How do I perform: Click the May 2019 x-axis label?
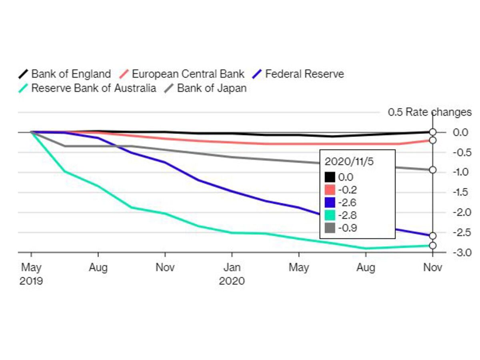click(x=31, y=274)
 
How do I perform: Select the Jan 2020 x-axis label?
click(x=232, y=274)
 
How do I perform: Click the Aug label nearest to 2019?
click(x=98, y=267)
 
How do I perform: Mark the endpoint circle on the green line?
click(x=432, y=246)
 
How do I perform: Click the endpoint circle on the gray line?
click(x=432, y=170)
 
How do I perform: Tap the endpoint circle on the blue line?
click(x=432, y=236)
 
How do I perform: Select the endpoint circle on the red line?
click(x=432, y=140)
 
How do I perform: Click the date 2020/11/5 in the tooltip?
click(x=347, y=162)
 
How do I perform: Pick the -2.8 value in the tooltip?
click(x=346, y=215)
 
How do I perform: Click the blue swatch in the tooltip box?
click(x=330, y=202)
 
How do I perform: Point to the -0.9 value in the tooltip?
click(x=346, y=228)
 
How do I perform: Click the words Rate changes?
click(x=438, y=112)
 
